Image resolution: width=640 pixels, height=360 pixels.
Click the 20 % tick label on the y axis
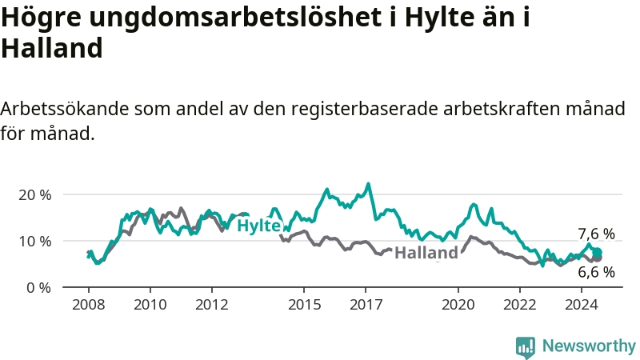34,195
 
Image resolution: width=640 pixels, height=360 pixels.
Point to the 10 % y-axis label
34,242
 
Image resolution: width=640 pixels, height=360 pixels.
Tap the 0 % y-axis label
38,288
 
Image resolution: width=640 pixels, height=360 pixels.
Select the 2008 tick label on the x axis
89,305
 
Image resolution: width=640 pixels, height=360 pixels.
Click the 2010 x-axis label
150,305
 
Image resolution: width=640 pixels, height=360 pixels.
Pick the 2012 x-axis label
212,305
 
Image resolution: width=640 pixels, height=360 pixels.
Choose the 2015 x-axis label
304,305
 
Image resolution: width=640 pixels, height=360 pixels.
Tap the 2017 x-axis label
366,305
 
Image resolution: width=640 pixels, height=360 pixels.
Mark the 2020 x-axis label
458,305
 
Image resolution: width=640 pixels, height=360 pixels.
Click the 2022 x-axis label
519,305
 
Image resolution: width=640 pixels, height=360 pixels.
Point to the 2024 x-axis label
582,305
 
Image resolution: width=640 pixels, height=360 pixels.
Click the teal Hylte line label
258,226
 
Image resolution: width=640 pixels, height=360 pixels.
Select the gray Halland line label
426,253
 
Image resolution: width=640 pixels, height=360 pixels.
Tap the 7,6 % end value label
596,234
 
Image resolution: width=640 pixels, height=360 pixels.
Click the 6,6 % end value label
596,272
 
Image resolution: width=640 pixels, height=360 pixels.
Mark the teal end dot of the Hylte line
597,252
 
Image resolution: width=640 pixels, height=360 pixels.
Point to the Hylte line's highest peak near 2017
369,184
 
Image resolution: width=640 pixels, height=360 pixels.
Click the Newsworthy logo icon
526,347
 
